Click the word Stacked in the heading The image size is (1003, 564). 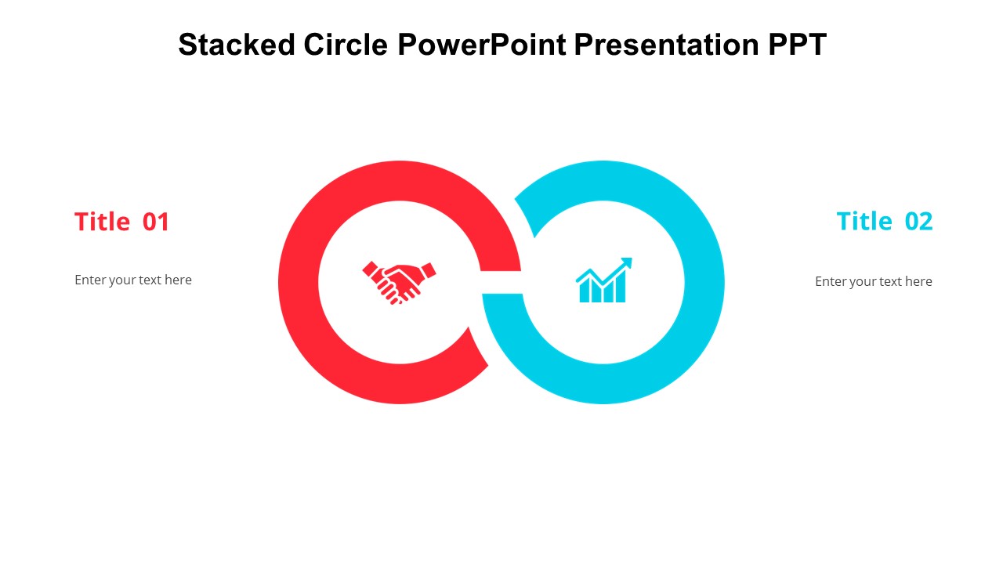pyautogui.click(x=228, y=45)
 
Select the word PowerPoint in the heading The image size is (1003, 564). pyautogui.click(x=482, y=45)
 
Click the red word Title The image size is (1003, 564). pyautogui.click(x=102, y=222)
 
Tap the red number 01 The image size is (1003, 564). pyautogui.click(x=156, y=222)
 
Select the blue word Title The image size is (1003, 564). pyautogui.click(x=864, y=222)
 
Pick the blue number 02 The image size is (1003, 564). pyautogui.click(x=919, y=222)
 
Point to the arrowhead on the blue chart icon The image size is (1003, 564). pyautogui.click(x=626, y=262)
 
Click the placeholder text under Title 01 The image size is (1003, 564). pyautogui.click(x=133, y=280)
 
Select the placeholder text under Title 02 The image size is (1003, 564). pyautogui.click(x=874, y=281)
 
